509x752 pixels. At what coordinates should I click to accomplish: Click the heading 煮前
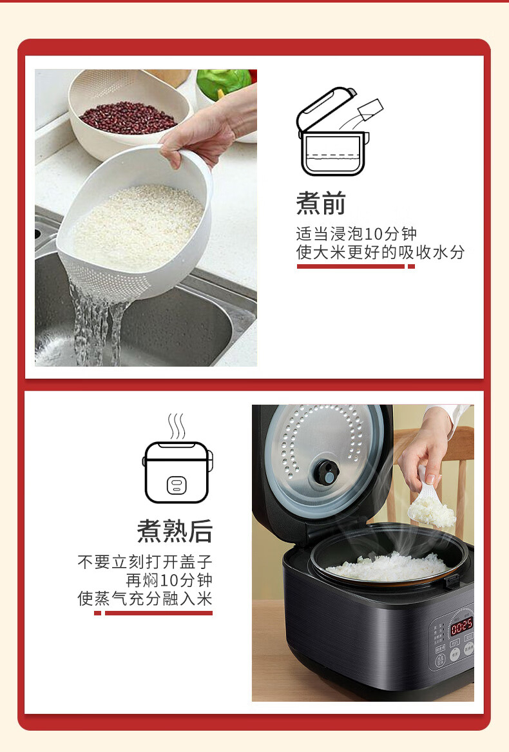coord(321,204)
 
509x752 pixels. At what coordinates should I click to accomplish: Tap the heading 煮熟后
coord(175,531)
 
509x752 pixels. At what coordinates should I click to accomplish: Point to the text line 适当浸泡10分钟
coord(356,234)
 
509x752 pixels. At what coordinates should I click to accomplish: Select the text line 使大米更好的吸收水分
coord(380,252)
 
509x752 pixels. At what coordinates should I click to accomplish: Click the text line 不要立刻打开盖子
coord(145,562)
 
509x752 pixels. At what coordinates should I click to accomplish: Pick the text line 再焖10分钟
coord(169,581)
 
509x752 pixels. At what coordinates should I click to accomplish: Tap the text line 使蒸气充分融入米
coord(145,599)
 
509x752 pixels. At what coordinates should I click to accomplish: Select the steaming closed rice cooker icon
coord(177,459)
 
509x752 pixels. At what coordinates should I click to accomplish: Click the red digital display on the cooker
coord(461,626)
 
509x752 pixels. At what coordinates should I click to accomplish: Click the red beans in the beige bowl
coord(128,117)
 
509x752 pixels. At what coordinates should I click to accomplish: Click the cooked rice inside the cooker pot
coord(388,566)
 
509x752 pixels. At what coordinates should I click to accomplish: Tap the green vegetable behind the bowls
coord(224,82)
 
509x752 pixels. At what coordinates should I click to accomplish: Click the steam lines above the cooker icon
coord(177,427)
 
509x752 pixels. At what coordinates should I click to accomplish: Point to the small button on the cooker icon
coord(177,485)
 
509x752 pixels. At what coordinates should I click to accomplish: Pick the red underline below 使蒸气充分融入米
coord(153,613)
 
